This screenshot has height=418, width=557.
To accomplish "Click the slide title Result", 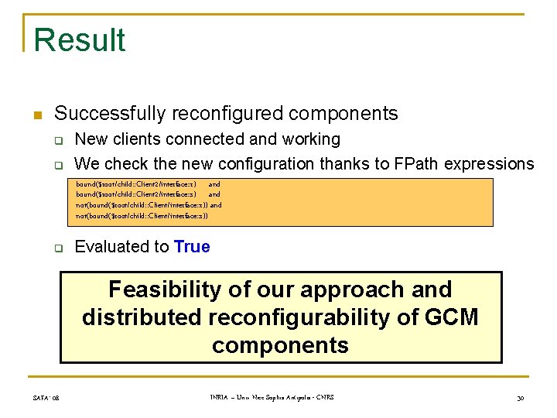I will (x=80, y=40).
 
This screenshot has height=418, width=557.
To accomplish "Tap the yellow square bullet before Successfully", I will (x=36, y=115).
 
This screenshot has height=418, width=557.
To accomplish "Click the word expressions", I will (x=495, y=164).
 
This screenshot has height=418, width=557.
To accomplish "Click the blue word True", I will (x=192, y=247).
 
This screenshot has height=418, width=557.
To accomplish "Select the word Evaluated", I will (x=111, y=247).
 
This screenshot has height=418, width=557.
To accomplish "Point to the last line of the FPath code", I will (x=142, y=216).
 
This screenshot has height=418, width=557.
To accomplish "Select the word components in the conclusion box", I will (x=280, y=345).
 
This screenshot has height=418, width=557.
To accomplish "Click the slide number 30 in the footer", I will (x=521, y=398).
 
